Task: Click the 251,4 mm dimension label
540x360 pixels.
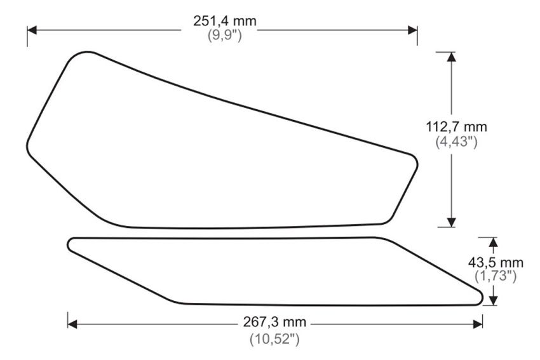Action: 224,22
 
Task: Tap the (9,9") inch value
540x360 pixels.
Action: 224,36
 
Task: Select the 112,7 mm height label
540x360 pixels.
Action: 457,127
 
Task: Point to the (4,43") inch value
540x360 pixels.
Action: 457,142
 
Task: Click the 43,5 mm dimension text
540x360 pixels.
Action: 496,263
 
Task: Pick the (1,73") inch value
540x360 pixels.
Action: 496,276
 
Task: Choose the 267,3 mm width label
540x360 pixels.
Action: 274,322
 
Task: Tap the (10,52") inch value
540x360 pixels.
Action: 274,339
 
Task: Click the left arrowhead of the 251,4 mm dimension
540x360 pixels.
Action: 32,30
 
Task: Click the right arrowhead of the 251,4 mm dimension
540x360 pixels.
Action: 412,30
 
